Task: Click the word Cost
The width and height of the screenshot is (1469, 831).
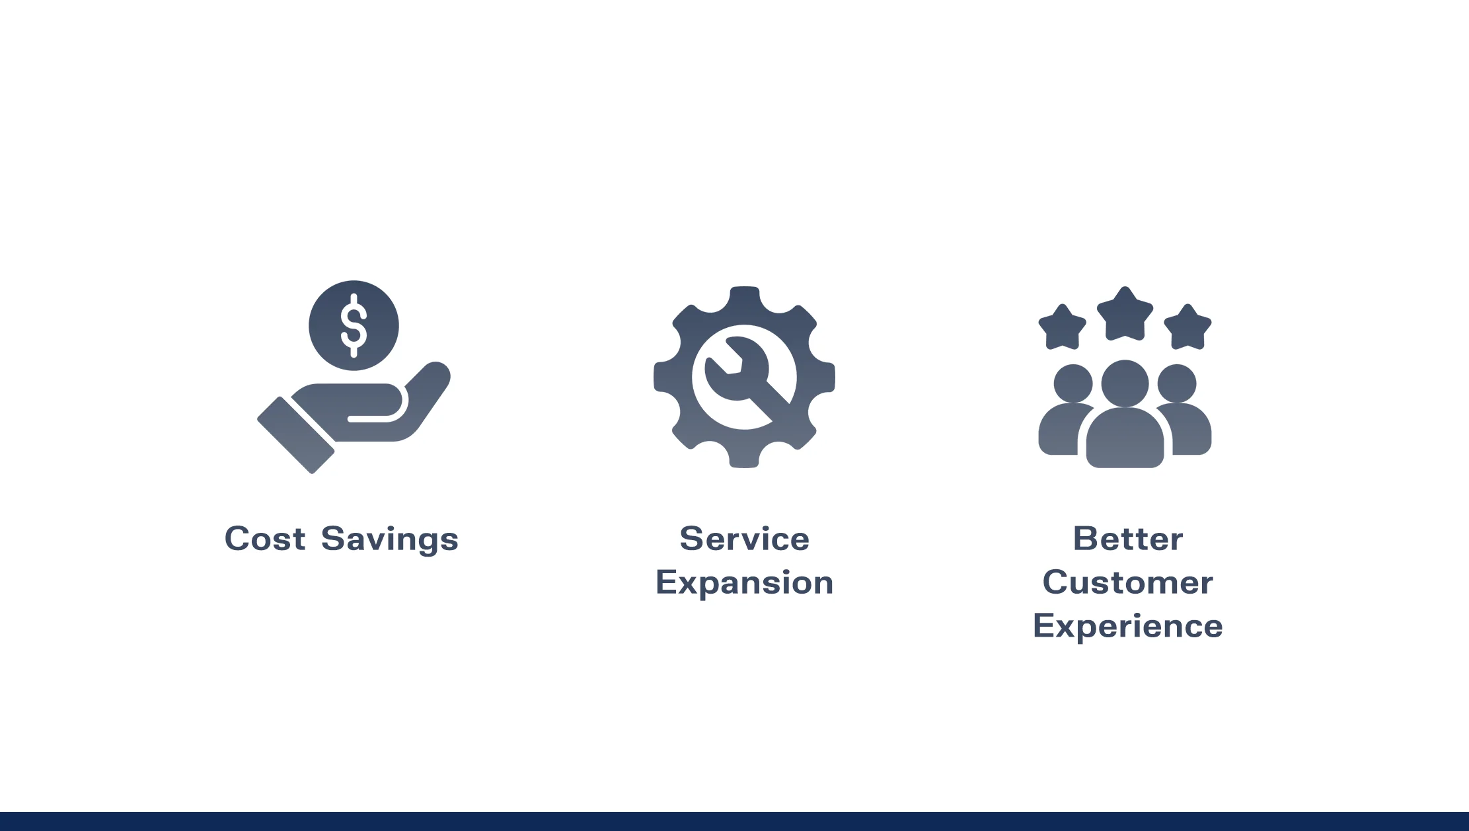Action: point(264,539)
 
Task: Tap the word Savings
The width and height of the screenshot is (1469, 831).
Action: point(389,539)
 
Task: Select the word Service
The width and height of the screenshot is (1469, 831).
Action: point(744,539)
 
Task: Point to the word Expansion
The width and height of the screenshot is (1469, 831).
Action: point(744,583)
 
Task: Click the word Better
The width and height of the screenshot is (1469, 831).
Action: point(1127,539)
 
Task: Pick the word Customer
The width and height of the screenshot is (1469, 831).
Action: point(1127,583)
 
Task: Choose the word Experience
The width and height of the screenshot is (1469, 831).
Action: point(1127,626)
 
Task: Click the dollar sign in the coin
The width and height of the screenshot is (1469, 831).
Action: point(354,325)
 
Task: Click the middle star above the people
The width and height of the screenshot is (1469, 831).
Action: point(1125,315)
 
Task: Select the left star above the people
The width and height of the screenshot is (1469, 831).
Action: point(1062,328)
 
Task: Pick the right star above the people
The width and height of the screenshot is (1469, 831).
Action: point(1187,328)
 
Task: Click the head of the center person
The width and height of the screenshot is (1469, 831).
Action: point(1125,383)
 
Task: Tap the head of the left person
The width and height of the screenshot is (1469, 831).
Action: point(1073,383)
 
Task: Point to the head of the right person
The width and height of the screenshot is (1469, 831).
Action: point(1177,383)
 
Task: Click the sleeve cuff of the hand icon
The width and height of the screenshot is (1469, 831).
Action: point(295,435)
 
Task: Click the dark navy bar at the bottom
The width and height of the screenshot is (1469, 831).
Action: point(734,821)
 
